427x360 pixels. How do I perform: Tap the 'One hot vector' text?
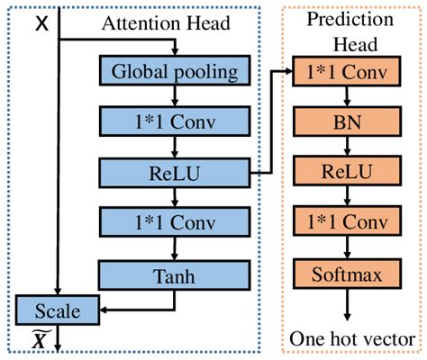pyautogui.click(x=347, y=340)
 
